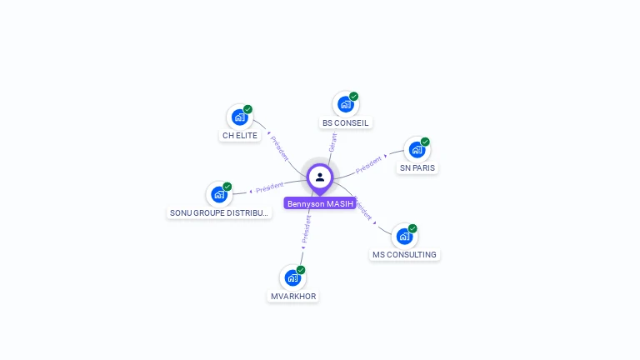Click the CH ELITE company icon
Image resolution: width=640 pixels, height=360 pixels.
[239, 117]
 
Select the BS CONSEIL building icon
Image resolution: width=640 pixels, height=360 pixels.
[345, 104]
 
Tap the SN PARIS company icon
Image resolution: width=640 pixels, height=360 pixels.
[417, 149]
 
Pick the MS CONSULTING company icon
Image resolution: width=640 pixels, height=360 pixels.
[404, 236]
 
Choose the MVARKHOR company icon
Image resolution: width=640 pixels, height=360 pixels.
[292, 277]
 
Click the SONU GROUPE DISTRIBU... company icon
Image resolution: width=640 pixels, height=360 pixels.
[219, 194]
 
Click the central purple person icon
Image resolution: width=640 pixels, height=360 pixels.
[320, 177]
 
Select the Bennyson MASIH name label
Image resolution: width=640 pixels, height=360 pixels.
[320, 203]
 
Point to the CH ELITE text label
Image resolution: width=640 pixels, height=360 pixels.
[240, 135]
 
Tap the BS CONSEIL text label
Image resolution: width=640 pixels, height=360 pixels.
[345, 122]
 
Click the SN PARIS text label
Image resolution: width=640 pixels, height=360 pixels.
[417, 167]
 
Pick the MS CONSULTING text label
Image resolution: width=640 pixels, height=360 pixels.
[404, 254]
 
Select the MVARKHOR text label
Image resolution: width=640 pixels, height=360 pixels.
[293, 296]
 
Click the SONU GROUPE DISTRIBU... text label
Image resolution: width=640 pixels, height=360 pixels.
[220, 212]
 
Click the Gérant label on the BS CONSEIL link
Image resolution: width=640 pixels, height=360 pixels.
[332, 142]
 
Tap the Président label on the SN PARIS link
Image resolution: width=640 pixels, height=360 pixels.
[368, 164]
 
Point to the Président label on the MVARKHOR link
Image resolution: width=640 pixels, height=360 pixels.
[306, 231]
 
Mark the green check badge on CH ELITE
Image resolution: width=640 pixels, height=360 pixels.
[247, 109]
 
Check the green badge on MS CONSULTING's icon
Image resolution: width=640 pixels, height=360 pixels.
[412, 228]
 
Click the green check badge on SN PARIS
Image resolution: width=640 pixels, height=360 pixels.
[425, 142]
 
